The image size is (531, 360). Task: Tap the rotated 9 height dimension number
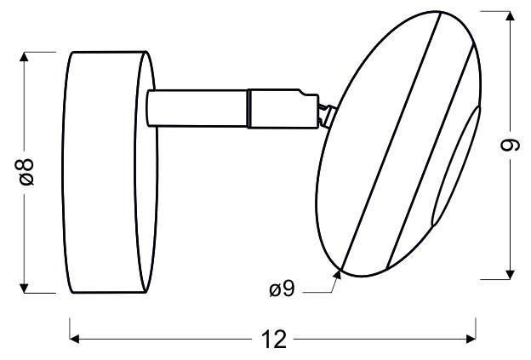click(x=508, y=146)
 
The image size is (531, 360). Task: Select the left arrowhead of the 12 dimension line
click(x=74, y=340)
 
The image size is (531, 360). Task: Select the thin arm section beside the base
click(x=196, y=106)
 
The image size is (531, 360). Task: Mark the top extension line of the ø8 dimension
click(x=43, y=51)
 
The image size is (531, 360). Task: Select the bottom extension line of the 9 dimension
click(x=498, y=278)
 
